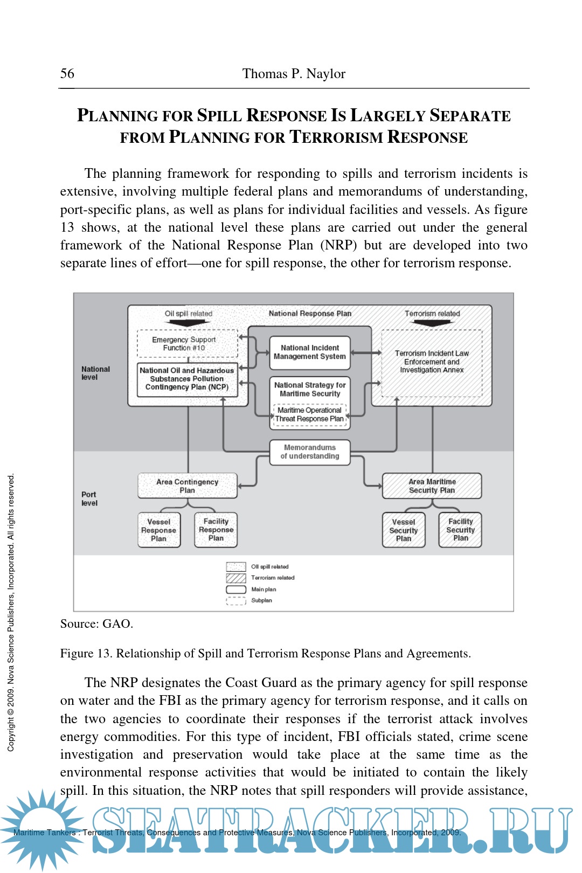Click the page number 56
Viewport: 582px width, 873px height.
pos(67,74)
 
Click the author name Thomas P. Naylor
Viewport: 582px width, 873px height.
pos(294,74)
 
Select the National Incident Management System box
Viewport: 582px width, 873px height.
pos(310,352)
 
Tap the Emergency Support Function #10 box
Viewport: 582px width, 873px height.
pos(187,344)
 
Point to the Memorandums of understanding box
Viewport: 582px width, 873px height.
pos(310,452)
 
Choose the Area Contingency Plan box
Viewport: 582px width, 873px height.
pos(188,486)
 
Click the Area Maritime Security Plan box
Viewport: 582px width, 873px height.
pos(432,486)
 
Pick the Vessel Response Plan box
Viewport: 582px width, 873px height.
pos(159,530)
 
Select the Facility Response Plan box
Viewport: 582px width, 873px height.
pos(216,530)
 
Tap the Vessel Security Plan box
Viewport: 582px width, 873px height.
pos(404,530)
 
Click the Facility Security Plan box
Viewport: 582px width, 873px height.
pos(460,530)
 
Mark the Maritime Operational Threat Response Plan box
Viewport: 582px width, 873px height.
pos(310,415)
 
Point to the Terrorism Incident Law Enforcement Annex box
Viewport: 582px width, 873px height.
pos(432,362)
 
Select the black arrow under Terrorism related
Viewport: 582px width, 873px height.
pos(432,323)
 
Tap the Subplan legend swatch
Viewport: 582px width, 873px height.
pos(236,601)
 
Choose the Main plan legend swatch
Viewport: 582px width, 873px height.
pos(236,590)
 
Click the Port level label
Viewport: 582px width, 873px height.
pos(89,498)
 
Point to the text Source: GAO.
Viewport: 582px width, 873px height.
pos(96,624)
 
